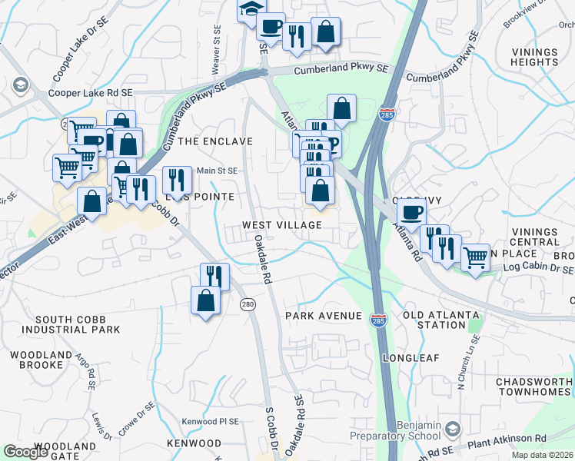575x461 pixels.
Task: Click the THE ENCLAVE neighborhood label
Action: pyautogui.click(x=215, y=141)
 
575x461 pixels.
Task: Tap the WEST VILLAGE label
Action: pyautogui.click(x=281, y=224)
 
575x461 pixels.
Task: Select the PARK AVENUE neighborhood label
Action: pyautogui.click(x=323, y=316)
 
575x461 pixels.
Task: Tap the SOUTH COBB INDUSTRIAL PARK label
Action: pyautogui.click(x=71, y=324)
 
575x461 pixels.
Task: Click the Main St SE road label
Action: pyautogui.click(x=218, y=171)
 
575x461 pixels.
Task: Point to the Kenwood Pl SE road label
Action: pyautogui.click(x=210, y=422)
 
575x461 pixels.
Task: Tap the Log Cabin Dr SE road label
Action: pyautogui.click(x=538, y=270)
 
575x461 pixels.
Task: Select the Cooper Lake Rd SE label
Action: pyautogui.click(x=91, y=92)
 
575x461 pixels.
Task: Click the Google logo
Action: pyautogui.click(x=26, y=452)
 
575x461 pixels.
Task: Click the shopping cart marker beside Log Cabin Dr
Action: pyautogui.click(x=475, y=257)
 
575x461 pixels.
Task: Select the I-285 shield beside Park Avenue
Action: pyautogui.click(x=377, y=317)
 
